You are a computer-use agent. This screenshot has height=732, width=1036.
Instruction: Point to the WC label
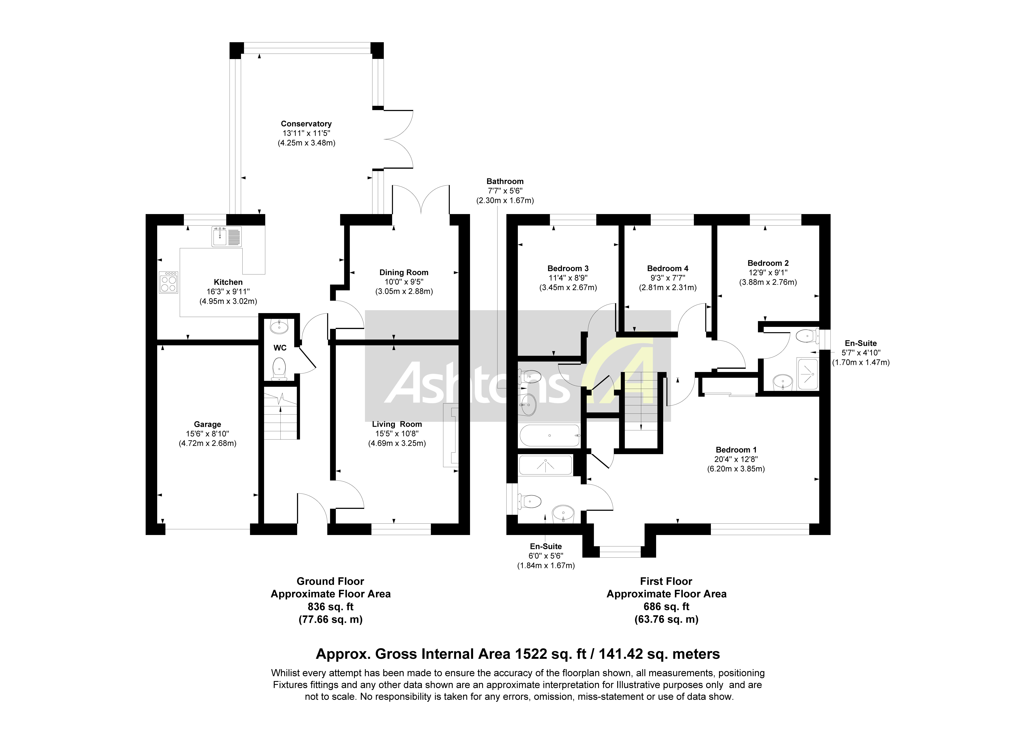pyautogui.click(x=280, y=348)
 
